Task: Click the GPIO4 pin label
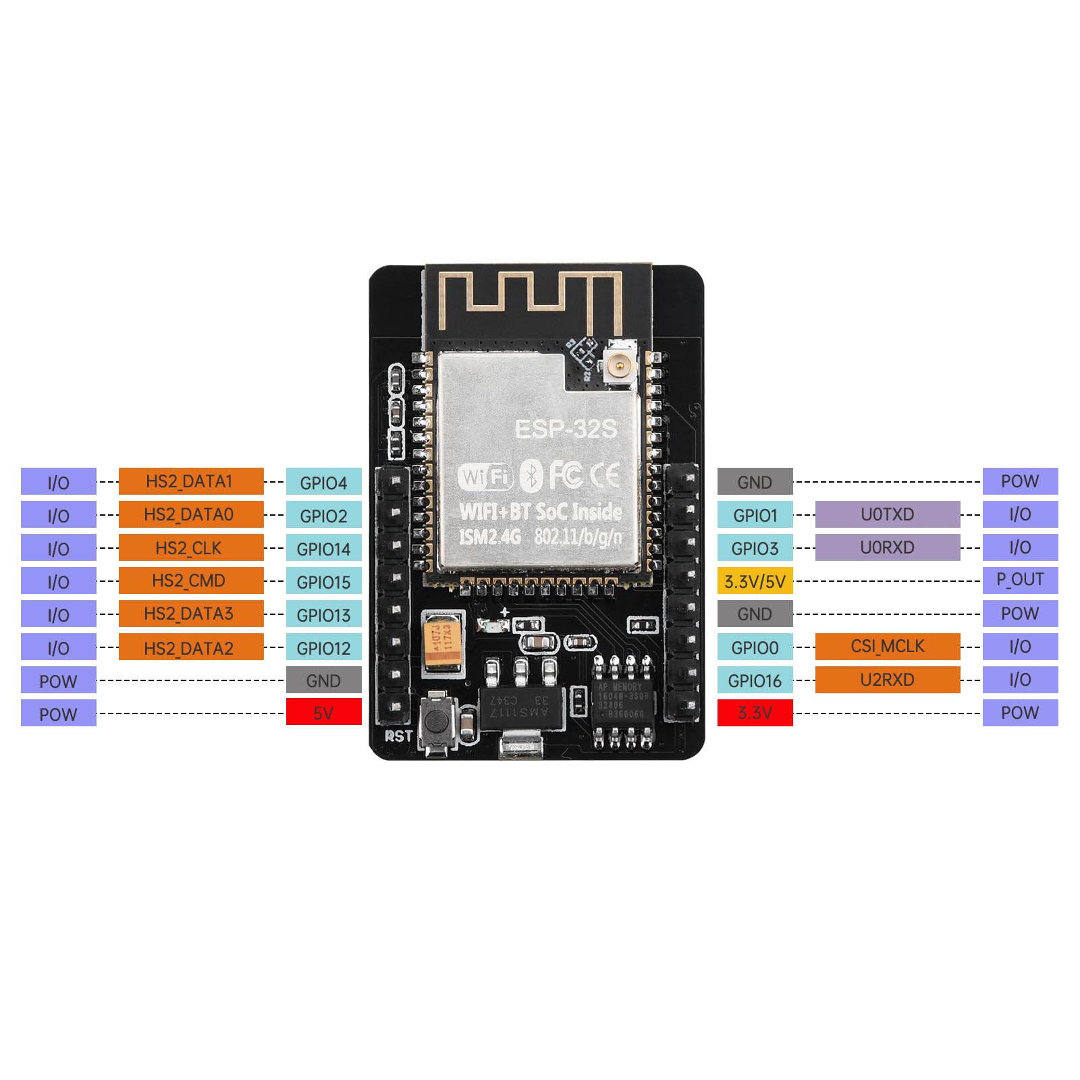click(323, 482)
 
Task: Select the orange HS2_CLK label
click(191, 547)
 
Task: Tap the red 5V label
click(323, 713)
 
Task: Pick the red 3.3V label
click(755, 713)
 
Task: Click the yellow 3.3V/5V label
click(755, 580)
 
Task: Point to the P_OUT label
click(1020, 580)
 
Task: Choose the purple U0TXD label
click(887, 514)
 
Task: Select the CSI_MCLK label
click(887, 646)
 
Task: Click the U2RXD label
click(887, 680)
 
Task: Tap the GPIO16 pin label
click(755, 680)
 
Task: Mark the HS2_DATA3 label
click(191, 614)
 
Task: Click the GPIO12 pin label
click(323, 647)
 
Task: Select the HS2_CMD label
click(191, 580)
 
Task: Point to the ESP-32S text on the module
click(566, 429)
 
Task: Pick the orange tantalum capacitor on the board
click(443, 642)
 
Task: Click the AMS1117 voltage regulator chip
click(520, 709)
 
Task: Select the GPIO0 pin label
click(755, 647)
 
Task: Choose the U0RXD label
click(887, 547)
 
